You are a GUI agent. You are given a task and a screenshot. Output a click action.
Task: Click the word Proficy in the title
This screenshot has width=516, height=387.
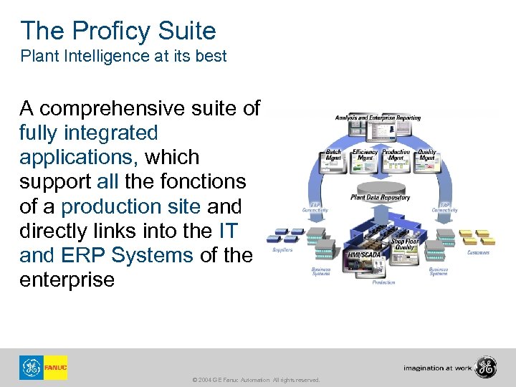point(113,31)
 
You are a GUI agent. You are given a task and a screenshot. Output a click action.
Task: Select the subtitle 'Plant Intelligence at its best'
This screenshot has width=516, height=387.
point(123,56)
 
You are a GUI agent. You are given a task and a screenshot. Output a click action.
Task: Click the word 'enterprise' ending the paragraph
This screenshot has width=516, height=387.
point(67,279)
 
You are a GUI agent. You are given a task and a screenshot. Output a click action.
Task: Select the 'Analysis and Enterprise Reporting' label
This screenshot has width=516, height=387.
point(378,118)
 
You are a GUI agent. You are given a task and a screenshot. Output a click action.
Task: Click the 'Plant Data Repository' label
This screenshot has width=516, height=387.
point(380,196)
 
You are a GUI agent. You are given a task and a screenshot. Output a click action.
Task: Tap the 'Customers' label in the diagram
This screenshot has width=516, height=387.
point(478,252)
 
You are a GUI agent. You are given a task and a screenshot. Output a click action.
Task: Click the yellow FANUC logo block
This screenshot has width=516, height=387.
point(55,368)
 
